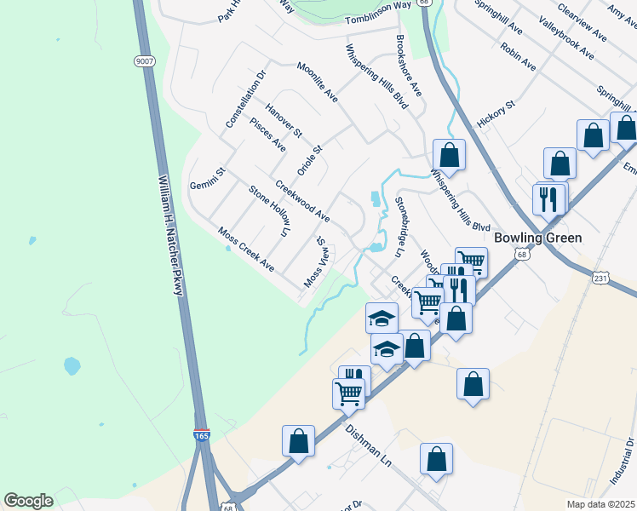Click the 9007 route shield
(x=144, y=61)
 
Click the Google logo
(x=28, y=501)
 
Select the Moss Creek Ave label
(x=245, y=249)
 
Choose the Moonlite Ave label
(x=317, y=82)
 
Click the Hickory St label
(x=496, y=115)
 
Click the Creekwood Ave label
(x=301, y=201)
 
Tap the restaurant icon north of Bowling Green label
(x=547, y=198)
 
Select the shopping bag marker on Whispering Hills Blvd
(x=449, y=155)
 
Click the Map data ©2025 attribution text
(x=601, y=503)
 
